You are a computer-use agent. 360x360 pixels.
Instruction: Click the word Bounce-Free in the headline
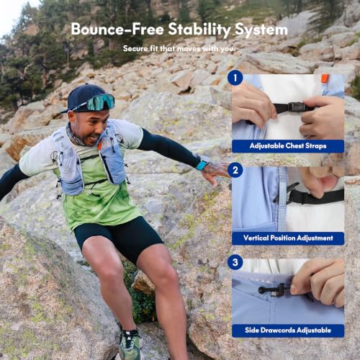(x=117, y=29)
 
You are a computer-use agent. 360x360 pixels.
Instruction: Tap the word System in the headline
(x=261, y=30)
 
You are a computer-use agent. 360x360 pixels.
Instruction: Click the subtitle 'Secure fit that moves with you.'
(x=179, y=49)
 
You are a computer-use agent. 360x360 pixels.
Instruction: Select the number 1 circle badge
(x=235, y=78)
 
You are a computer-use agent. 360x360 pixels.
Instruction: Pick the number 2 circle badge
(x=235, y=170)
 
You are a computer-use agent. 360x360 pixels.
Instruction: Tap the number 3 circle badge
(x=235, y=262)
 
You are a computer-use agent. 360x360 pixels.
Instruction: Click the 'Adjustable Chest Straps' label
(x=288, y=146)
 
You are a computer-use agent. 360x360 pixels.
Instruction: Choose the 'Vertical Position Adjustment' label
(x=288, y=238)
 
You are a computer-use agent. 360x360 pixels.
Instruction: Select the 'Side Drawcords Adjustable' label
(x=288, y=330)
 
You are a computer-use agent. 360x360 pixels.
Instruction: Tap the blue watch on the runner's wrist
(x=201, y=166)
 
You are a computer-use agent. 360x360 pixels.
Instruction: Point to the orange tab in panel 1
(x=325, y=78)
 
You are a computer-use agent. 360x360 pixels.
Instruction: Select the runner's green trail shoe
(x=130, y=344)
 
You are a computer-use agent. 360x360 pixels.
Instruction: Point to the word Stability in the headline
(x=199, y=30)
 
